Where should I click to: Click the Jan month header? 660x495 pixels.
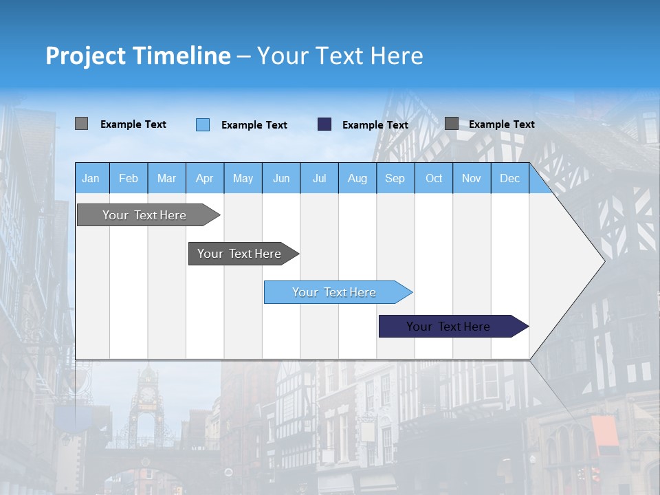point(91,179)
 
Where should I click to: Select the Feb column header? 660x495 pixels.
point(129,179)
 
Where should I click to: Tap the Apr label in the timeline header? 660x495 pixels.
point(204,179)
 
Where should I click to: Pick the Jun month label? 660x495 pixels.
point(281,179)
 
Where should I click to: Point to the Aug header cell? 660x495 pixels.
point(357,179)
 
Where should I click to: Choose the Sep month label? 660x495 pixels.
point(395,179)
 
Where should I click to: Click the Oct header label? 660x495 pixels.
point(434,179)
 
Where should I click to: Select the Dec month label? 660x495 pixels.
point(509,179)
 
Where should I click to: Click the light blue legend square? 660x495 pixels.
point(203,124)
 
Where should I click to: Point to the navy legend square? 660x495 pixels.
point(324,124)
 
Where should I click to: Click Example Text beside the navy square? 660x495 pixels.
point(375,125)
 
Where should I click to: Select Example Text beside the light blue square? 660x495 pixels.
point(254,125)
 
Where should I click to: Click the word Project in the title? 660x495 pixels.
point(86,56)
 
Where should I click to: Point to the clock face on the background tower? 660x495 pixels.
point(147,394)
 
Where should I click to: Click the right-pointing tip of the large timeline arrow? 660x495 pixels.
point(603,261)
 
